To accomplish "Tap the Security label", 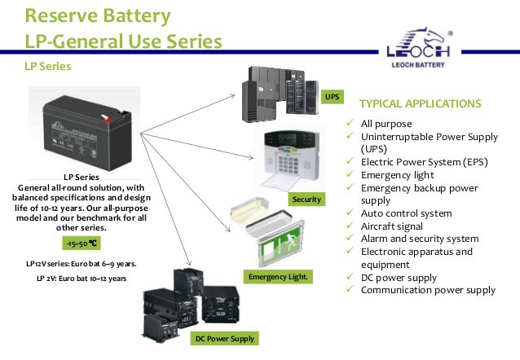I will tap(306, 199).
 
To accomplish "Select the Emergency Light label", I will tap(278, 278).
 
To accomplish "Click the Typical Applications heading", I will tap(420, 104).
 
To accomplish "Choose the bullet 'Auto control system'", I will tap(406, 213).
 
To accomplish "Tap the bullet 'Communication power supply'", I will tap(428, 291).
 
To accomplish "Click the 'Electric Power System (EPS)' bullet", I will tap(425, 162).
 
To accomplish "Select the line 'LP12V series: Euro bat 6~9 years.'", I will tap(81, 264).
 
